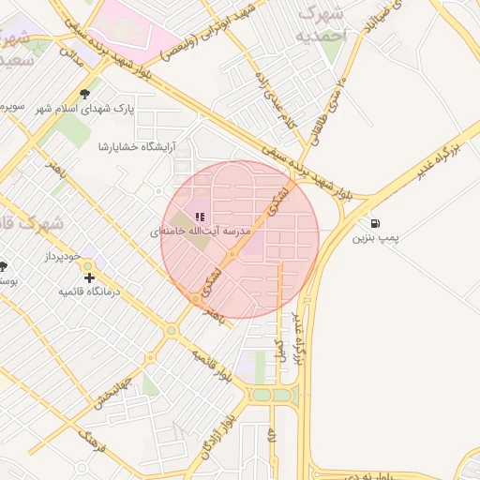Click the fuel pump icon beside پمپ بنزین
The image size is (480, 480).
point(376,224)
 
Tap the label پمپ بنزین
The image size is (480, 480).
point(376,240)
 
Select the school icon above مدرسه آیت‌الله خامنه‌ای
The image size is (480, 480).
point(200,217)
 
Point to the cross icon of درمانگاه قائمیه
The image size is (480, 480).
point(89,277)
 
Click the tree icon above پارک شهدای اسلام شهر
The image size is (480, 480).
point(85,94)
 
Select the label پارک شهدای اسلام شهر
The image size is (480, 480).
point(85,109)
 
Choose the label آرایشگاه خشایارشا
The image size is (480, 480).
point(141,146)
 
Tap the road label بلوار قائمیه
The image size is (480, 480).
point(212,367)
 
